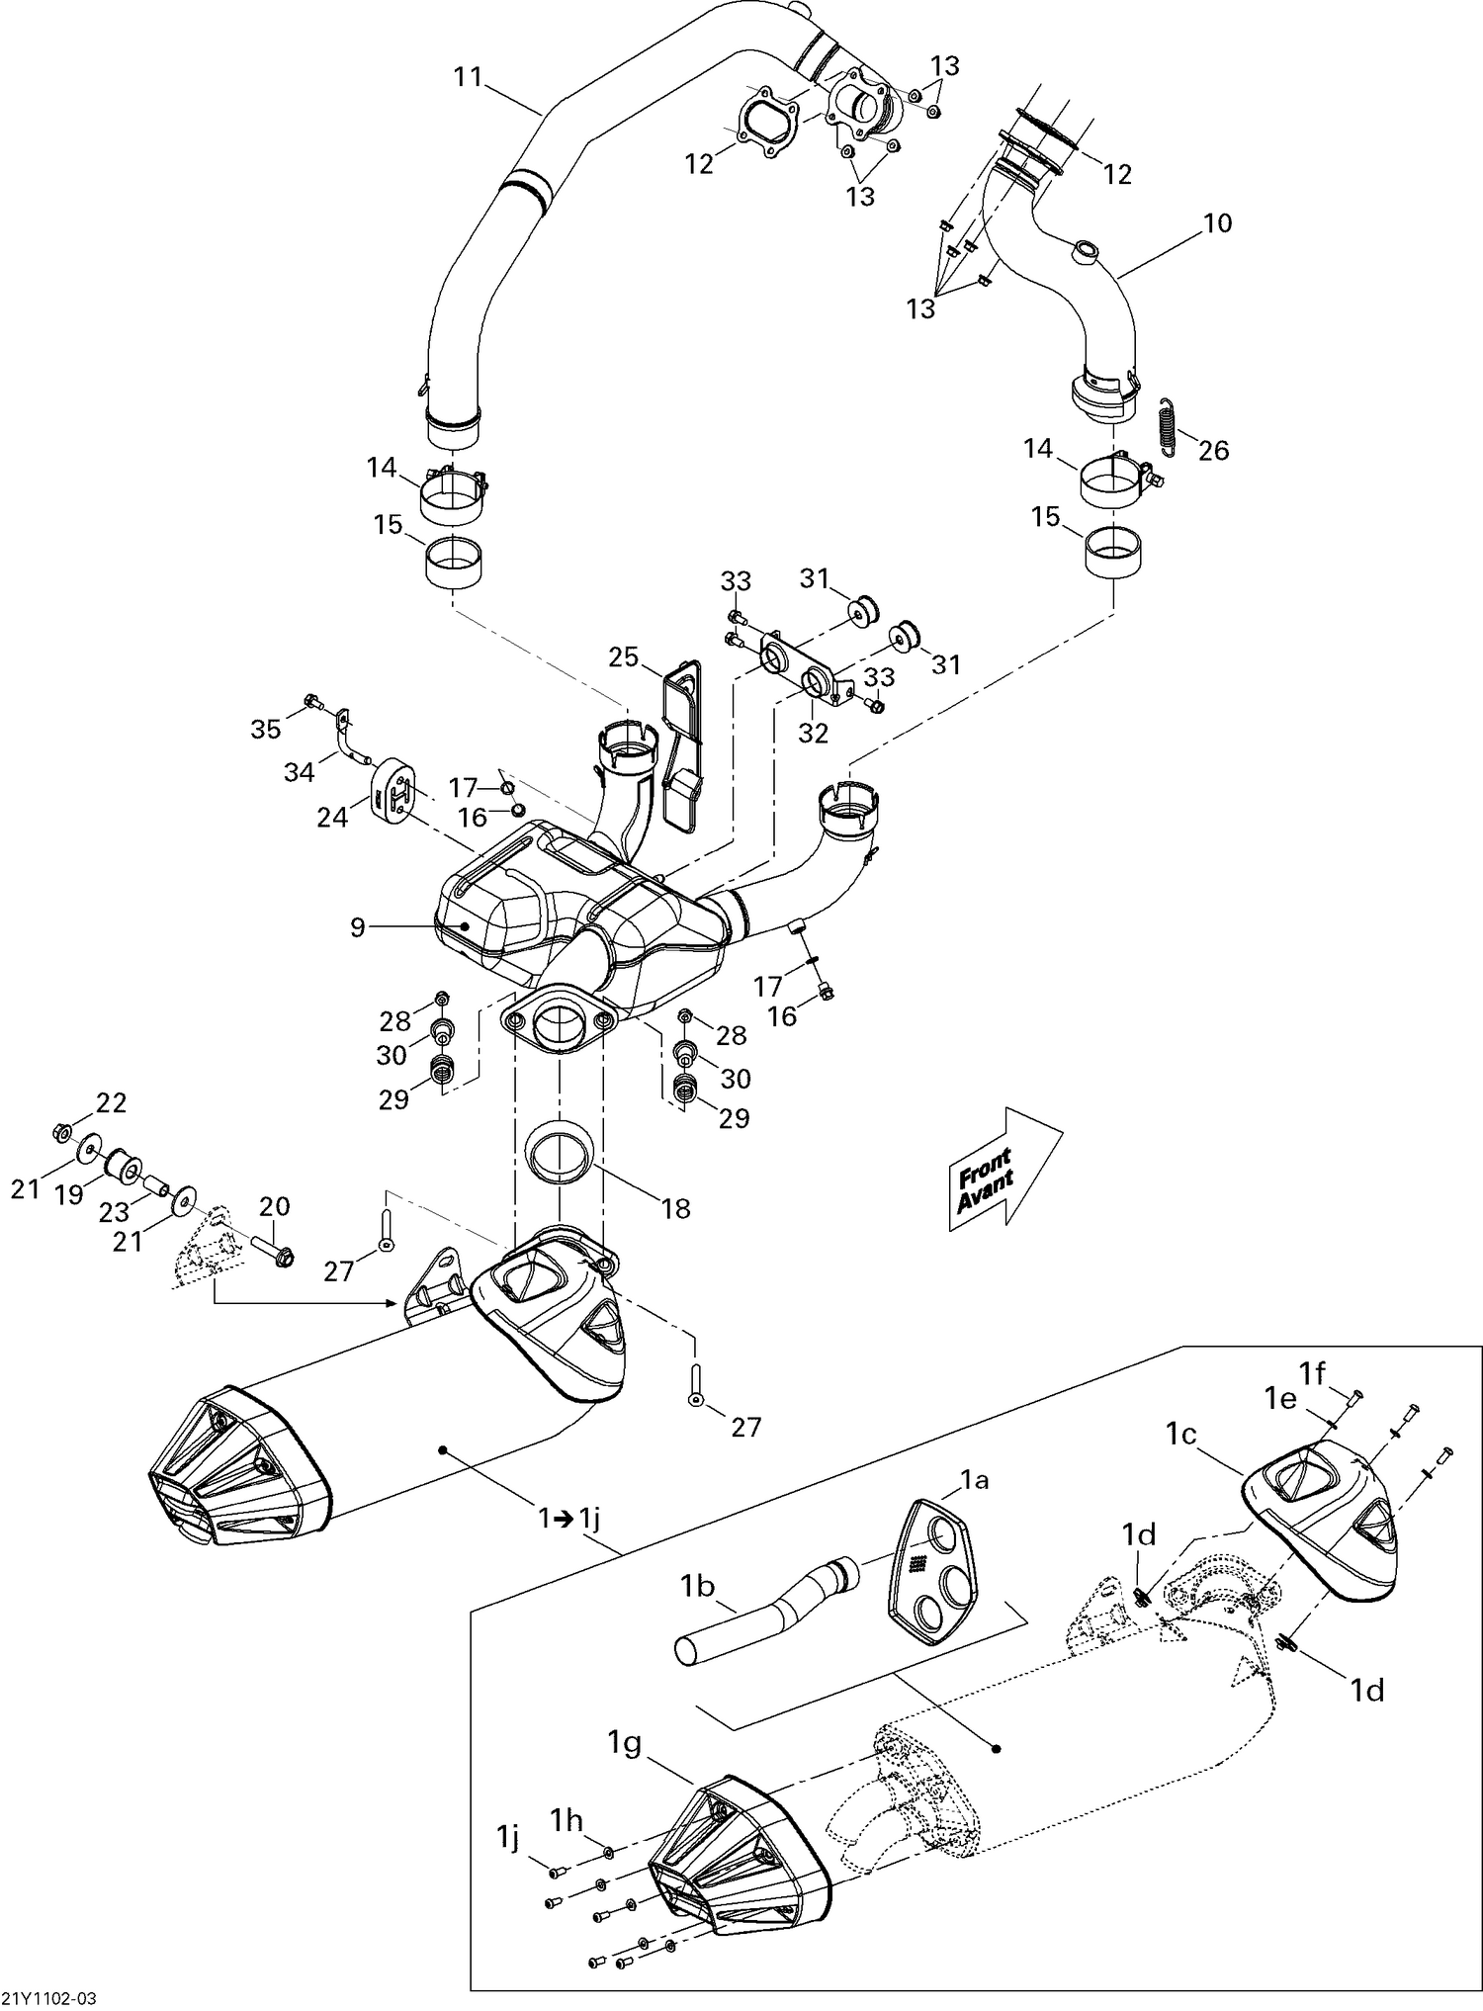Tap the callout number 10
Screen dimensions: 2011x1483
pos(1218,223)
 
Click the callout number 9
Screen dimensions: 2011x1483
pos(357,926)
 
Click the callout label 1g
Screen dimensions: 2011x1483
pos(627,1744)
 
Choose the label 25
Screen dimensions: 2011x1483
pos(624,656)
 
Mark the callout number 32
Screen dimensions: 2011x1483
pos(813,733)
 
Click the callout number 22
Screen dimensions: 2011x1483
pos(111,1102)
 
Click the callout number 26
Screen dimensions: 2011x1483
pos(1213,451)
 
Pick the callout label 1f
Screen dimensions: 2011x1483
pos(1312,1373)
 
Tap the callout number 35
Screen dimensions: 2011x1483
pos(265,729)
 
